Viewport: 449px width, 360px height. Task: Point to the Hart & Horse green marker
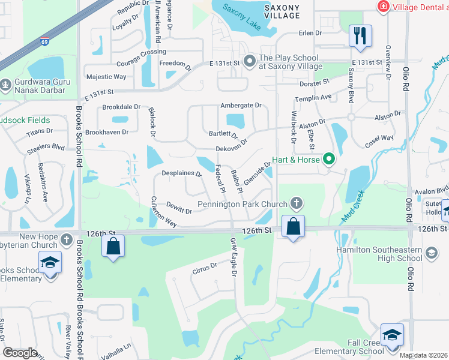328,159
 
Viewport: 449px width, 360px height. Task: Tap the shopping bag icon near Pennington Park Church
293,227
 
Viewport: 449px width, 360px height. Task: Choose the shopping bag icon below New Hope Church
113,246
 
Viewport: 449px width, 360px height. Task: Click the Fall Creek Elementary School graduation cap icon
392,335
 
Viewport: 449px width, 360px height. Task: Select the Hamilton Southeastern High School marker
431,254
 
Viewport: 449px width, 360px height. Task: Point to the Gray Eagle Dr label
234,257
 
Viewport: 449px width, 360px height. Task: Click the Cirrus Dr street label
205,266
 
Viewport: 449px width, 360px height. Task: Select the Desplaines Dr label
181,173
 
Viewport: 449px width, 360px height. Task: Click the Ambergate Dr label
241,105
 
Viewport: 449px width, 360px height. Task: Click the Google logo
20,353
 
